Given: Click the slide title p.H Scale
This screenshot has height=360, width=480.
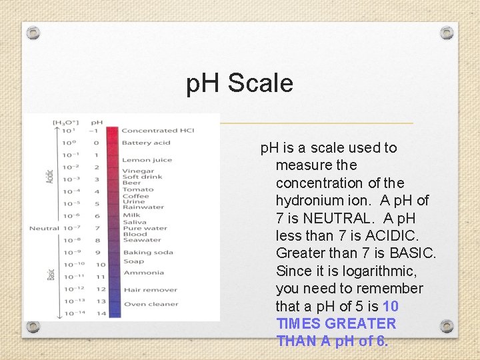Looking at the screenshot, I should coord(240,83).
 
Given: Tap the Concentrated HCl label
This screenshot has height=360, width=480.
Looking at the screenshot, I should coord(157,131).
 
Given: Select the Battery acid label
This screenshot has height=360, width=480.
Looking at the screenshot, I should coord(145,143).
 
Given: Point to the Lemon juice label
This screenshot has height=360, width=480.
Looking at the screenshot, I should coord(146,160).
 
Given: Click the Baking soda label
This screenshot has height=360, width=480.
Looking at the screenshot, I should coord(147,252).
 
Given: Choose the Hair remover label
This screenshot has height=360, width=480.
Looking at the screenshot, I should coord(149,290).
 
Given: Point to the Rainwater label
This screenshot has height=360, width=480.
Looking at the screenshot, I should coord(143,207).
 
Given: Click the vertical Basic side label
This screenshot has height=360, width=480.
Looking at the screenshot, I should coord(51,273).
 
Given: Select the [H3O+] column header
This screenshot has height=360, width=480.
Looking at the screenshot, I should coord(66,123).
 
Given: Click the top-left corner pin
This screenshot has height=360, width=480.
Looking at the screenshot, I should coord(34,33).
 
